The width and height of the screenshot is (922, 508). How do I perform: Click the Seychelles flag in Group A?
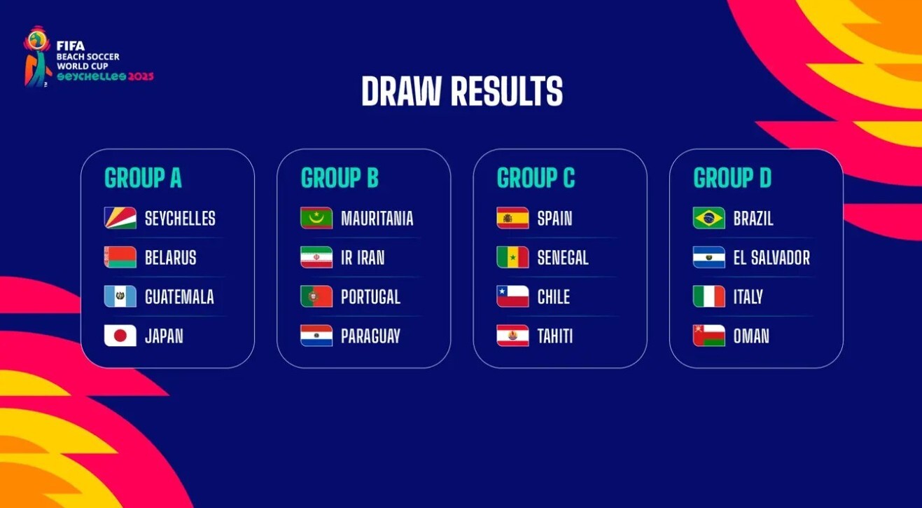[x=120, y=218]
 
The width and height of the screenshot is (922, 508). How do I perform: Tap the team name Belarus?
[x=170, y=257]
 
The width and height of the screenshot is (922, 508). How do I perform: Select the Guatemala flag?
[x=120, y=296]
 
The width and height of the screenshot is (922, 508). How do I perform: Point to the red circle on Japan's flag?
[x=120, y=336]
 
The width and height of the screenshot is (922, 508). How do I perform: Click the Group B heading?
[x=340, y=177]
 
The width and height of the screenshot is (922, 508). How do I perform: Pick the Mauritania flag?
[x=316, y=218]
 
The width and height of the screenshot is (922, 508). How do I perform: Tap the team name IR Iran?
[x=363, y=257]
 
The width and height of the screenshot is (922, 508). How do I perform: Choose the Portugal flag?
[x=316, y=296]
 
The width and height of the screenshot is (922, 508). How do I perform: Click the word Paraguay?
[x=370, y=336]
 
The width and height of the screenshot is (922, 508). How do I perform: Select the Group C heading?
[x=536, y=177]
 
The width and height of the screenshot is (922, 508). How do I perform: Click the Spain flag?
[x=513, y=218]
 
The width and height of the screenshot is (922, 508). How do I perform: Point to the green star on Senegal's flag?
[x=513, y=257]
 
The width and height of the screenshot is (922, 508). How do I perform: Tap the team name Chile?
[x=554, y=296]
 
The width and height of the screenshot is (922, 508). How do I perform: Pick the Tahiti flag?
[x=513, y=336]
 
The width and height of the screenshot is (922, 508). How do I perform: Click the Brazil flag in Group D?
[x=708, y=218]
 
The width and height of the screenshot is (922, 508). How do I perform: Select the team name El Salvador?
[x=771, y=257]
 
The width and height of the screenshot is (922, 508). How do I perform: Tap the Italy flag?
[x=708, y=296]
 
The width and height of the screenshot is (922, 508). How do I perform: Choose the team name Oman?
[x=751, y=336]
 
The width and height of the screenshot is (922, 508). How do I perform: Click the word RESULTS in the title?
[x=507, y=91]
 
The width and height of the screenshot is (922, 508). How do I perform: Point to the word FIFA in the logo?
[x=71, y=46]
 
